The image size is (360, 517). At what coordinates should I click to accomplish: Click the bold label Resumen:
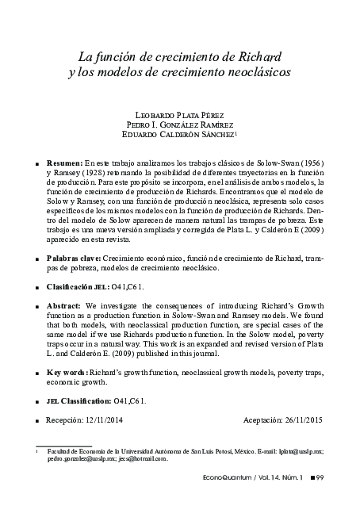[x=65, y=162]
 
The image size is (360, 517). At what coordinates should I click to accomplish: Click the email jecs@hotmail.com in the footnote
[x=143, y=458]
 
